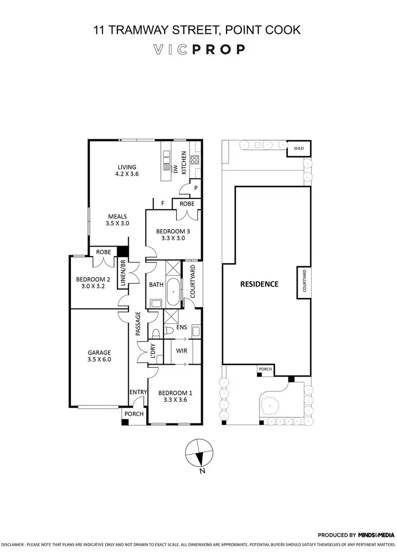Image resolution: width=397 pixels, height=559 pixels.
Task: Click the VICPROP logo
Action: tap(198, 50)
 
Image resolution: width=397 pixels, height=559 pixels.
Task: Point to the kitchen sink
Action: tap(167, 157)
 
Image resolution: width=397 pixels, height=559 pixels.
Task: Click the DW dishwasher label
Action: tap(175, 169)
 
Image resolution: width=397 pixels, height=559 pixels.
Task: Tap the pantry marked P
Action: tap(195, 187)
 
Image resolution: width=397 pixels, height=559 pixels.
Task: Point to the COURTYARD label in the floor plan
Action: tap(193, 281)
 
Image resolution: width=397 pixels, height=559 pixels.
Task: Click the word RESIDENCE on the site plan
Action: tap(259, 284)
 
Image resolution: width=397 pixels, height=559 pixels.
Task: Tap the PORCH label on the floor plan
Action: tap(134, 413)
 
